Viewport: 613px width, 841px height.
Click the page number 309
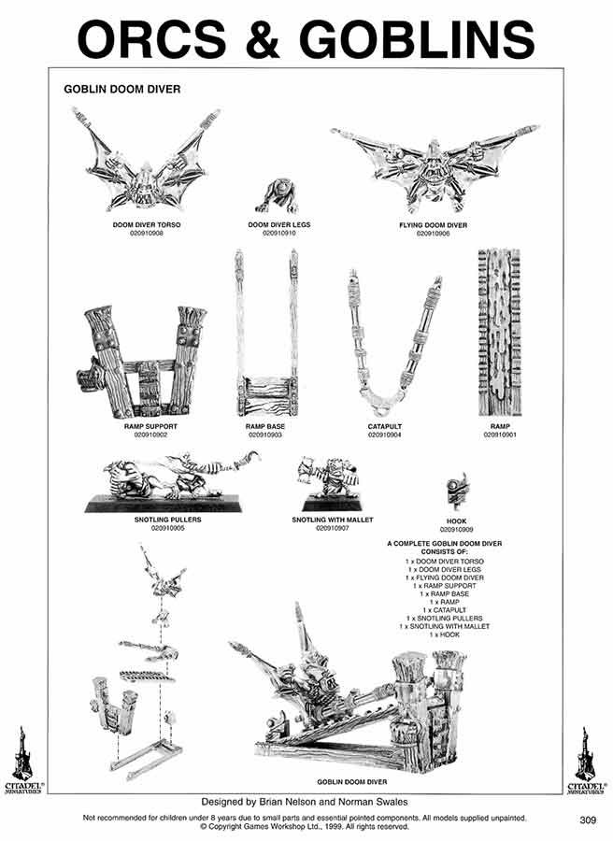click(x=587, y=820)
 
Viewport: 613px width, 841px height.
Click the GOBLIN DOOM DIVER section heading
click(x=121, y=90)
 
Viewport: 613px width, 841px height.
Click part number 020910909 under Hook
click(x=457, y=530)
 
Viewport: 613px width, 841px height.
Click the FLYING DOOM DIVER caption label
click(x=433, y=225)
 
